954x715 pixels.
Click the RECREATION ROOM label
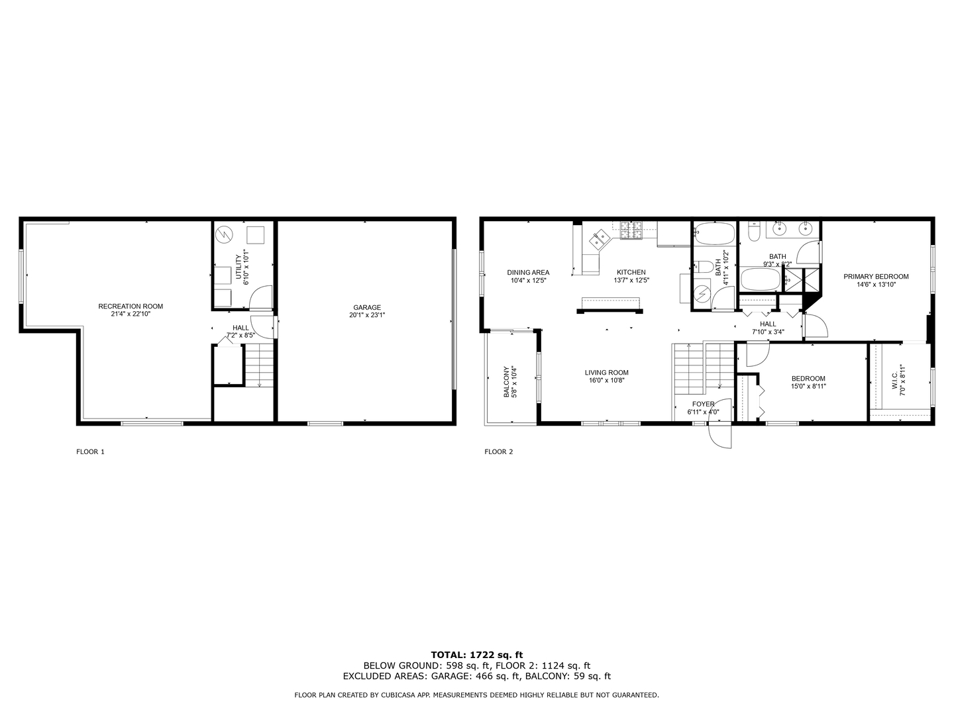pos(131,306)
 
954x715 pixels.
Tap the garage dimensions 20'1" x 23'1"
pos(367,315)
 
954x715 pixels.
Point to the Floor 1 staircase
pos(260,365)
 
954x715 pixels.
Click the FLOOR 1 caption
pos(91,452)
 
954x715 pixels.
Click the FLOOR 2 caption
pos(499,452)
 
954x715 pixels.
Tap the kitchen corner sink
pos(601,238)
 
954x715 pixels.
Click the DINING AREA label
pos(528,272)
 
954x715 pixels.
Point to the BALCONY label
pos(506,382)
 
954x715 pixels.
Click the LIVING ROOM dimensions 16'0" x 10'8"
pos(606,381)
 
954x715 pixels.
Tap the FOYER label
pos(703,404)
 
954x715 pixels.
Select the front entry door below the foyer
pos(720,434)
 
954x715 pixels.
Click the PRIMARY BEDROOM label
pos(876,276)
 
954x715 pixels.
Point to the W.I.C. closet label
pos(894,380)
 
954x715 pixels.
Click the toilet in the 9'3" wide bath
pos(753,232)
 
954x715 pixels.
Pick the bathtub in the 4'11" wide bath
pos(715,233)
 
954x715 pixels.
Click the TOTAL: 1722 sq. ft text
pos(476,655)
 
